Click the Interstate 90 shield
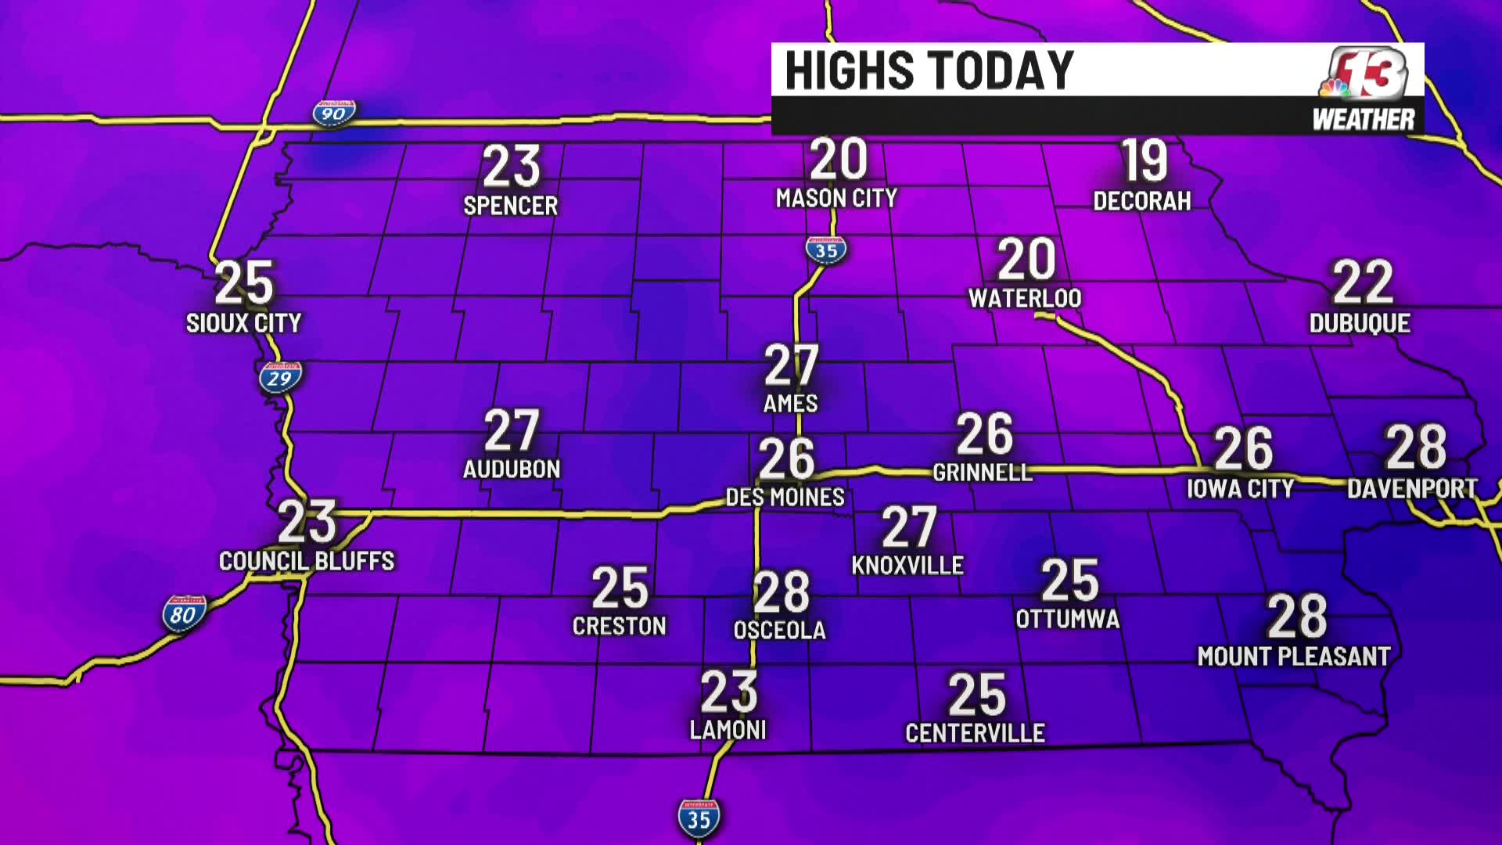tap(334, 113)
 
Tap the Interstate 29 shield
tap(280, 378)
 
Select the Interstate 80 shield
tap(184, 614)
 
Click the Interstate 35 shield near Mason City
tap(826, 250)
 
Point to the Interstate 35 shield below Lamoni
tap(699, 818)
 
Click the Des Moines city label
tap(785, 497)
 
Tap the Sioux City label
tap(243, 322)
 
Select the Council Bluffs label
tap(307, 561)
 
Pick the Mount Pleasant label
tap(1294, 656)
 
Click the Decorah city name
tap(1141, 201)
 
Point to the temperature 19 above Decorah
tap(1144, 161)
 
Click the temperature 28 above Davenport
tap(1416, 447)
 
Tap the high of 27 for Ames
tap(791, 365)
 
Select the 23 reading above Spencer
tap(511, 167)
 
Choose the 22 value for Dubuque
tap(1362, 282)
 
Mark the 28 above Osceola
tap(781, 592)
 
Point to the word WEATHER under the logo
tap(1364, 120)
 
